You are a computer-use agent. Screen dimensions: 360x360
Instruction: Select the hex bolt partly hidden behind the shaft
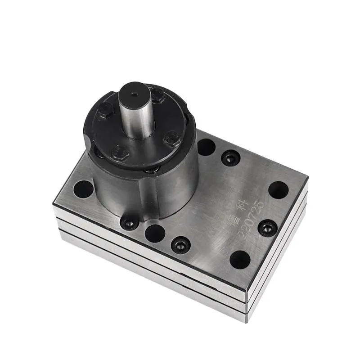pos(157,94)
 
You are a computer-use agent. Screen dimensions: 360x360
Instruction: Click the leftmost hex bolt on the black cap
pos(105,110)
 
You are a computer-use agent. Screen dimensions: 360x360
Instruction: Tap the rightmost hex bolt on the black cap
pos(172,138)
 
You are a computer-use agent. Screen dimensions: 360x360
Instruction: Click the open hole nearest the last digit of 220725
pos(278,190)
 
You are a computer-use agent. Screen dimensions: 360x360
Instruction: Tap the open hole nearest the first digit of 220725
pos(240,260)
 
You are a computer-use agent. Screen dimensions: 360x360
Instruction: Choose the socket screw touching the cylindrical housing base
pos(130,222)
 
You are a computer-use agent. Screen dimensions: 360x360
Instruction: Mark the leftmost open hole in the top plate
pos(83,189)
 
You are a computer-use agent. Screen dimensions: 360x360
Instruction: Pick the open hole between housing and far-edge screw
pos(206,147)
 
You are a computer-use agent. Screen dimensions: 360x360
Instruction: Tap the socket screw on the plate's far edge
pos(230,158)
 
